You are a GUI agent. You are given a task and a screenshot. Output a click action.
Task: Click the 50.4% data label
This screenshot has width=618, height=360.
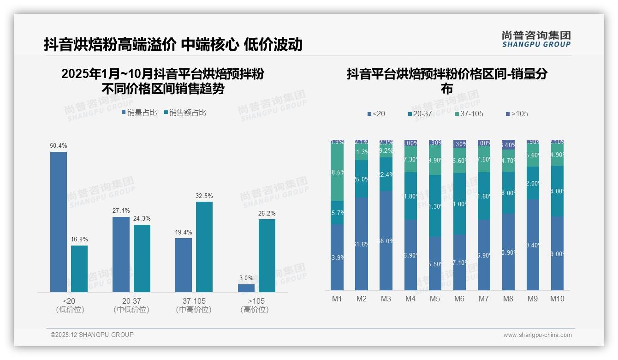click(59, 145)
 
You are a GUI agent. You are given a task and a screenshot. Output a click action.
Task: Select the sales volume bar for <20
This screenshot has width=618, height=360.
click(59, 222)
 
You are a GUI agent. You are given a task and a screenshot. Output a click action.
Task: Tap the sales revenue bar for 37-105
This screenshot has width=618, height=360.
click(204, 247)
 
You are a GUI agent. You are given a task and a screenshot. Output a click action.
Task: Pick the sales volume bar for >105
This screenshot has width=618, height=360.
click(246, 288)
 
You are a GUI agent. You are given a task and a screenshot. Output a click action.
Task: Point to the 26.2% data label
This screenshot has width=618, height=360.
click(267, 214)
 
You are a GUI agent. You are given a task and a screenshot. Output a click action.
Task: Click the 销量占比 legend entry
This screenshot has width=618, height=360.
click(139, 112)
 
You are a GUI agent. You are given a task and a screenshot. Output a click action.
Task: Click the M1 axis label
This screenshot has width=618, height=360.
click(337, 299)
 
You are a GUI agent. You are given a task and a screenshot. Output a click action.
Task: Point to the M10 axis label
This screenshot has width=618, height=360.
click(557, 299)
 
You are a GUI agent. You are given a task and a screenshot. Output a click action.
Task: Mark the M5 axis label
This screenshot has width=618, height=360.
click(435, 299)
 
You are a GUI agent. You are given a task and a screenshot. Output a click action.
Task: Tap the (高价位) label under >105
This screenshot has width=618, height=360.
click(255, 310)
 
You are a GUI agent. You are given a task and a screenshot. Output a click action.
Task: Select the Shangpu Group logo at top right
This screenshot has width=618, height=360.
click(536, 39)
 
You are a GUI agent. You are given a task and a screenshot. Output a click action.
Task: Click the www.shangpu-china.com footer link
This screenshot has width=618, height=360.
click(537, 335)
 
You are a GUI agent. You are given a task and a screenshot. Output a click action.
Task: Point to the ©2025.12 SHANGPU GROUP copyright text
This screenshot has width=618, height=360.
click(92, 335)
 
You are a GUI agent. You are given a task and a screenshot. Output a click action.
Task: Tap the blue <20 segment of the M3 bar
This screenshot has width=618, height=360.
click(386, 240)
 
